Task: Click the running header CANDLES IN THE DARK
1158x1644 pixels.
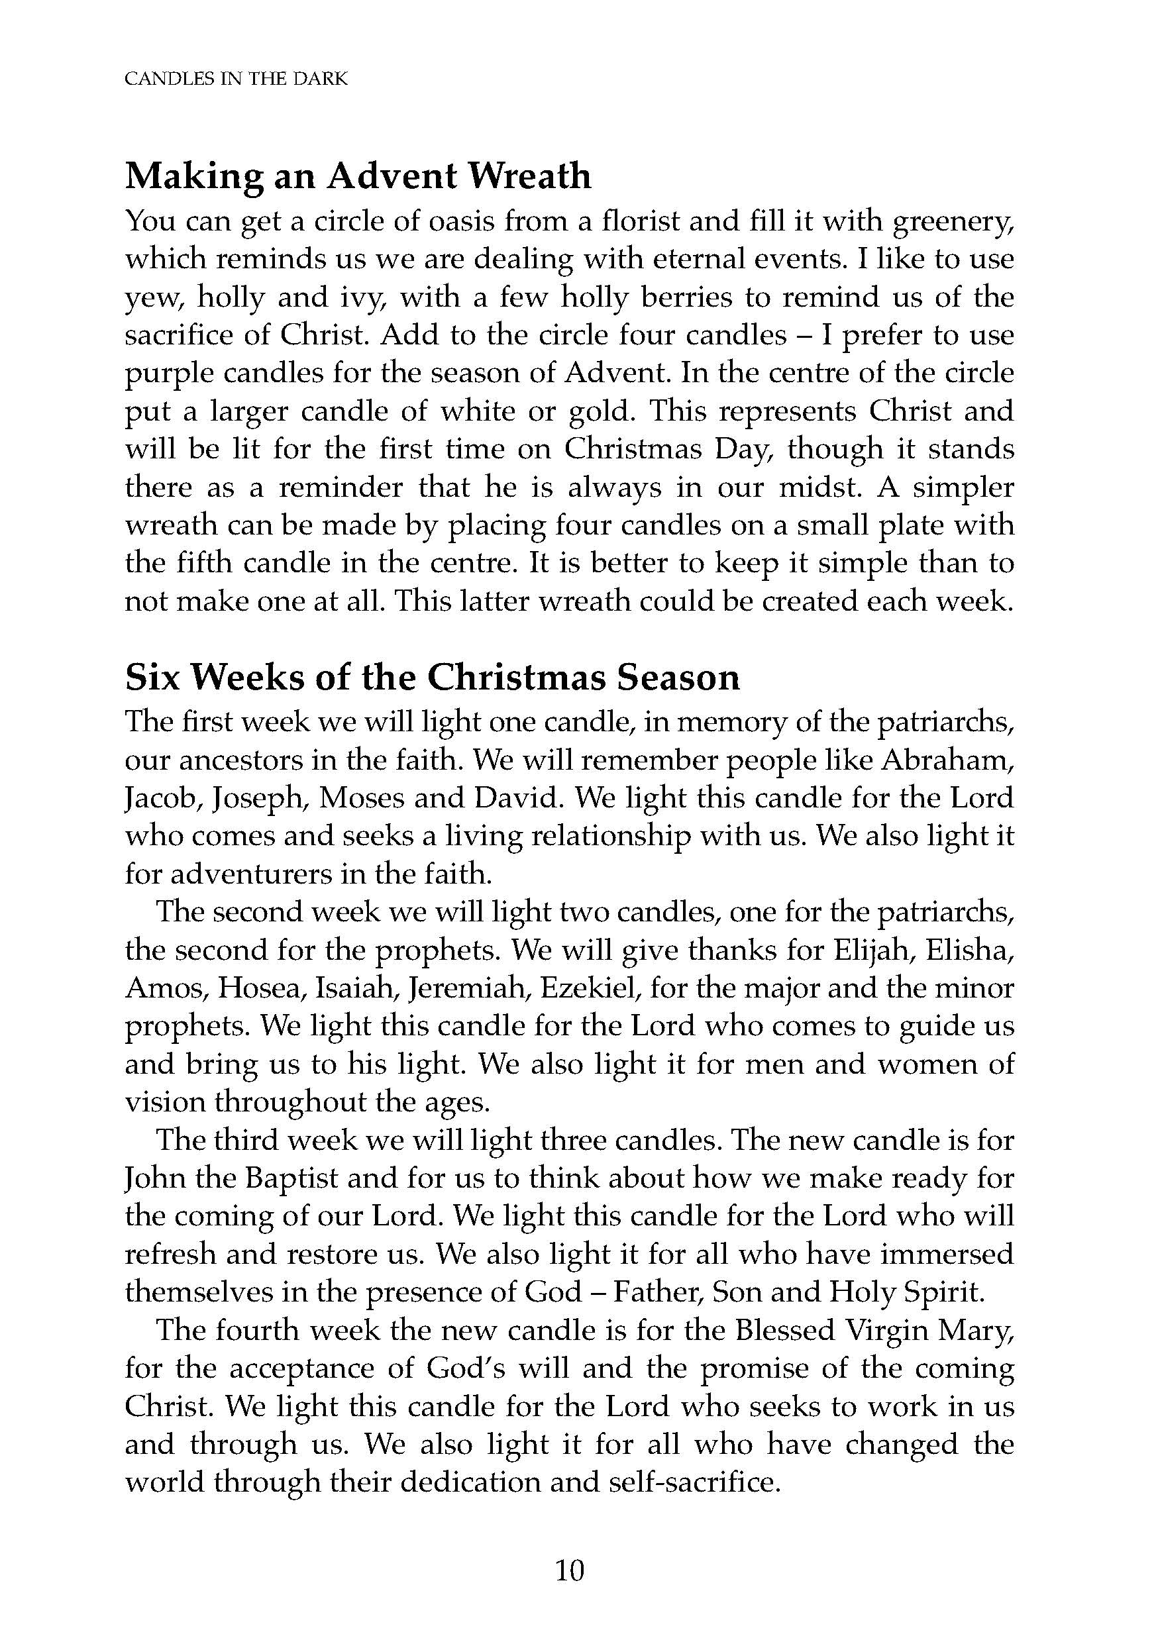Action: [x=236, y=79]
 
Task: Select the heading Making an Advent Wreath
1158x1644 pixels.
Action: [x=358, y=176]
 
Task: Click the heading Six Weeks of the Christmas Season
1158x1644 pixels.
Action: [x=432, y=677]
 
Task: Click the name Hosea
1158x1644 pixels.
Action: [x=262, y=988]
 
